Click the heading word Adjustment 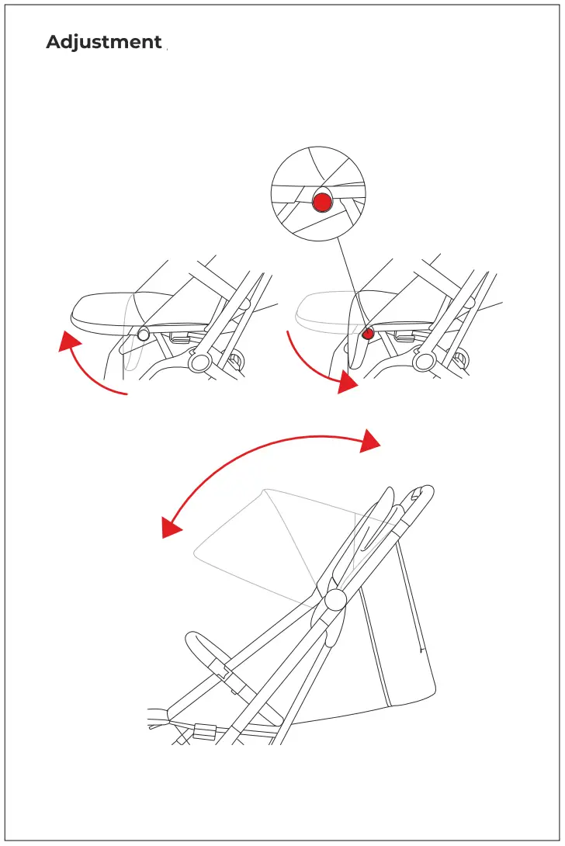pos(103,43)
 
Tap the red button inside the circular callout pos(322,203)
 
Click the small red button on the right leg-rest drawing pos(369,334)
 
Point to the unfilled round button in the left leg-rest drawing pos(144,334)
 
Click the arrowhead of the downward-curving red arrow pos(348,382)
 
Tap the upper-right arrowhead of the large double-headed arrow pos(370,440)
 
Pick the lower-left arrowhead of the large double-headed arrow pos(171,528)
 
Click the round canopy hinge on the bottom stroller pos(335,599)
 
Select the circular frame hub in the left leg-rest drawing pos(199,362)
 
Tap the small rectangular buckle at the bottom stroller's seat pos(204,730)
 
